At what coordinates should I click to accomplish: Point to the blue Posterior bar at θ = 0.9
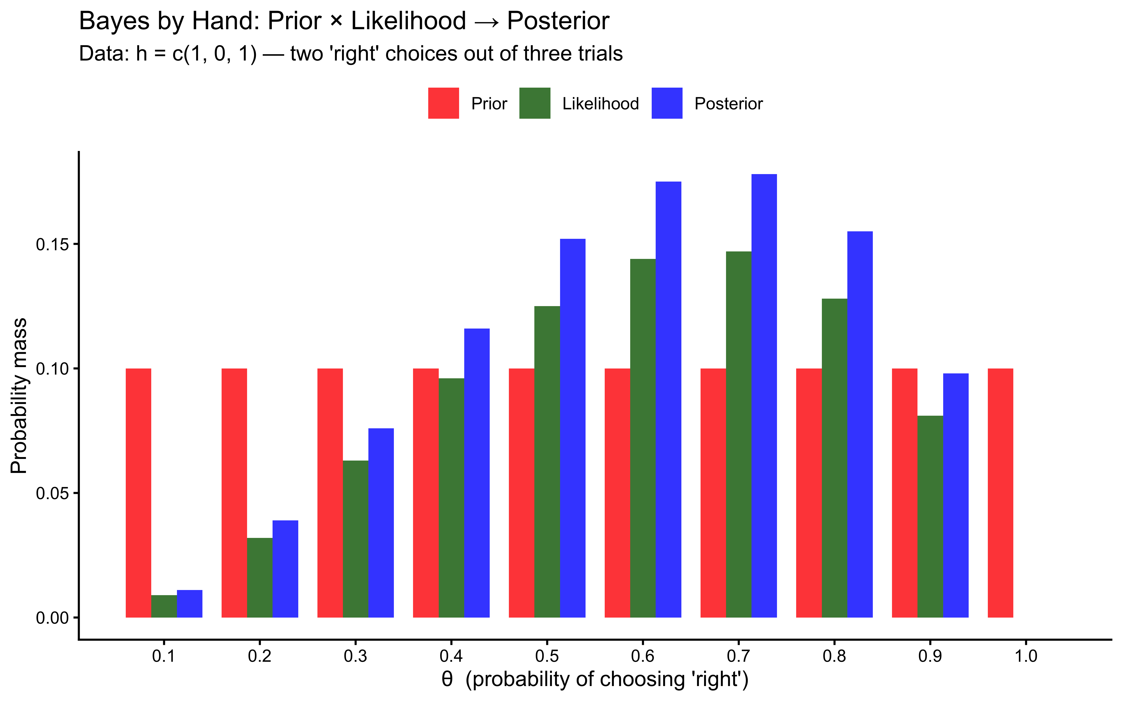pos(956,495)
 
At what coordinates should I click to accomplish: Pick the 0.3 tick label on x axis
pos(356,657)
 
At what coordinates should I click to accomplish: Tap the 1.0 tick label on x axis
pos(1026,657)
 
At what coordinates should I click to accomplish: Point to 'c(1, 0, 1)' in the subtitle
pos(214,54)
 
